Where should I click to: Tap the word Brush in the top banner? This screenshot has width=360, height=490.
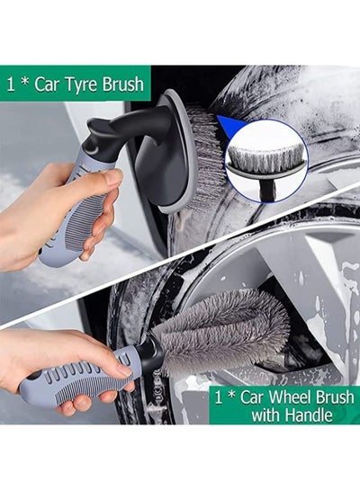tap(123, 84)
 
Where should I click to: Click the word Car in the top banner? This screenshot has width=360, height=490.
tap(46, 85)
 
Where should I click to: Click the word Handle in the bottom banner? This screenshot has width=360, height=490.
tap(309, 415)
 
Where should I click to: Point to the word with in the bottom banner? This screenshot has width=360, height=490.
tap(266, 415)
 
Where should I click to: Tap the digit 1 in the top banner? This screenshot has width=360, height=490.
tap(11, 85)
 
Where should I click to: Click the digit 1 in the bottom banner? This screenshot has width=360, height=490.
tap(219, 397)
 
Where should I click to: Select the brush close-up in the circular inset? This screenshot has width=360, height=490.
tap(266, 161)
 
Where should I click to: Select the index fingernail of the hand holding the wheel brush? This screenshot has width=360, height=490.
tap(125, 370)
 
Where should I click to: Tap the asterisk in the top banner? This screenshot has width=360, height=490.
tap(24, 82)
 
